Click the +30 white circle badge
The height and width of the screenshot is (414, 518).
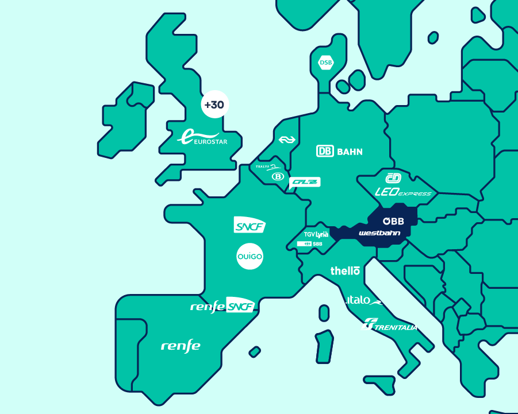(x=214, y=105)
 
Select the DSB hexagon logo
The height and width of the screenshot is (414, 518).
(x=326, y=63)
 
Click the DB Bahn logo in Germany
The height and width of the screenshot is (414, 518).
(x=339, y=152)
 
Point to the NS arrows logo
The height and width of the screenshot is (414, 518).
(x=286, y=140)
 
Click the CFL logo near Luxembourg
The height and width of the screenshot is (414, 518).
(x=304, y=182)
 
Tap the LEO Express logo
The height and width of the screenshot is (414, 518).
(x=402, y=193)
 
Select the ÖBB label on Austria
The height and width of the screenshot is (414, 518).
(x=394, y=221)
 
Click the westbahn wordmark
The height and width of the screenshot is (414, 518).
(x=379, y=233)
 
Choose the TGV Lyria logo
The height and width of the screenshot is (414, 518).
(x=316, y=234)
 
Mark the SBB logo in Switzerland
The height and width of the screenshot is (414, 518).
(x=310, y=244)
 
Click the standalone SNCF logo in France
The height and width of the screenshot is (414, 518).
(x=250, y=225)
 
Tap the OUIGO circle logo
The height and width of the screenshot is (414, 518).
(x=250, y=257)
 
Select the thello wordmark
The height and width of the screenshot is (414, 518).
(x=345, y=270)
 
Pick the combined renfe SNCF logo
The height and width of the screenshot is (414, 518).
(x=222, y=307)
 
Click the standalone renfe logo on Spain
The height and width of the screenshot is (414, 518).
(x=181, y=346)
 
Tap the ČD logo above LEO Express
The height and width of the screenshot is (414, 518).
(x=393, y=178)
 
